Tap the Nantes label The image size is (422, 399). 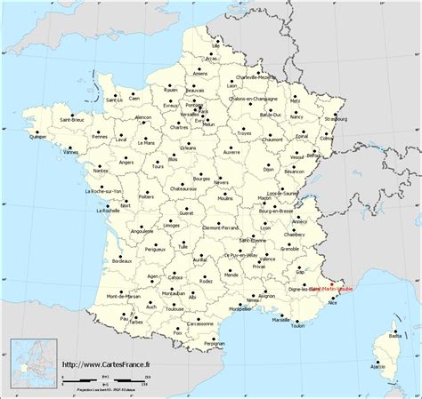[101, 170]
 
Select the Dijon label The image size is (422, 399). [270, 169]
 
